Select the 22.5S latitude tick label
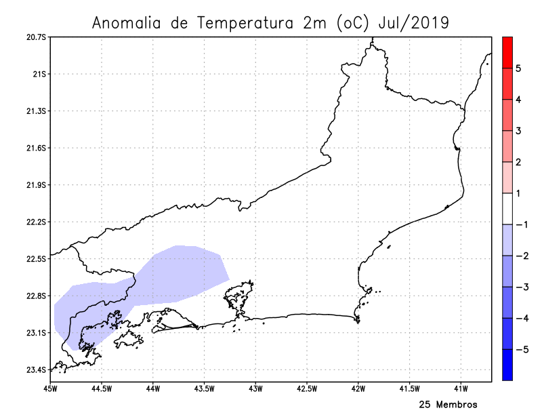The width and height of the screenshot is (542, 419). tap(36, 259)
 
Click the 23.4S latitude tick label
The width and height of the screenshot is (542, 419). tap(36, 370)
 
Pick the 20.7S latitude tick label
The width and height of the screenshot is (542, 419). tap(36, 37)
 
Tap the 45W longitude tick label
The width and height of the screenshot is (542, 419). tap(49, 388)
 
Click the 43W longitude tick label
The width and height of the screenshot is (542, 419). tap(255, 388)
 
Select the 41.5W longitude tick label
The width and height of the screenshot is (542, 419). tap(410, 388)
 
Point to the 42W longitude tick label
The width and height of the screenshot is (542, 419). tap(358, 388)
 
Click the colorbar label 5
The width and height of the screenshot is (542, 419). tap(518, 68)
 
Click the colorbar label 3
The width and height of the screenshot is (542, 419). tap(518, 131)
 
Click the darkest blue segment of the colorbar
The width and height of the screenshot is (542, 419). tap(507, 365)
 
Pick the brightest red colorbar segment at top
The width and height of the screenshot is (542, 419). tap(507, 52)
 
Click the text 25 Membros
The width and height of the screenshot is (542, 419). tap(448, 405)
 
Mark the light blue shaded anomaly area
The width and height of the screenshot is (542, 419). tap(176, 271)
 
